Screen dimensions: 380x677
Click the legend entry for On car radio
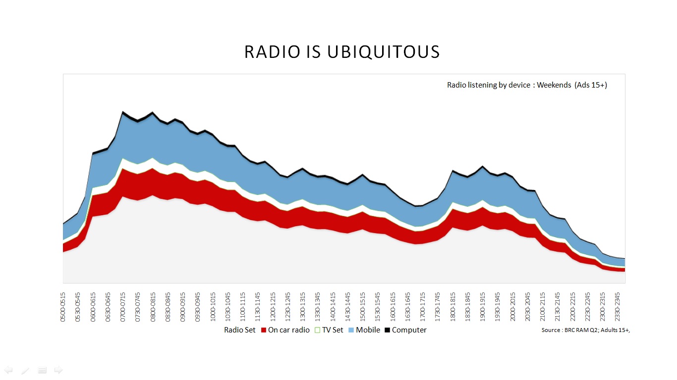[288, 330]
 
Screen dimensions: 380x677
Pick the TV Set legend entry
[332, 330]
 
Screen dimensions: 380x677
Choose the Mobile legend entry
[368, 330]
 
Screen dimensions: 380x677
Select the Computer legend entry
[409, 330]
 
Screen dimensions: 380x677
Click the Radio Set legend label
[240, 330]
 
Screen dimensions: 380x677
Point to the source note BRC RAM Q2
[585, 330]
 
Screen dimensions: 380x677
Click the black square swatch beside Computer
[388, 330]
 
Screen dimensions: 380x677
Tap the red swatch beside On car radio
[264, 330]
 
